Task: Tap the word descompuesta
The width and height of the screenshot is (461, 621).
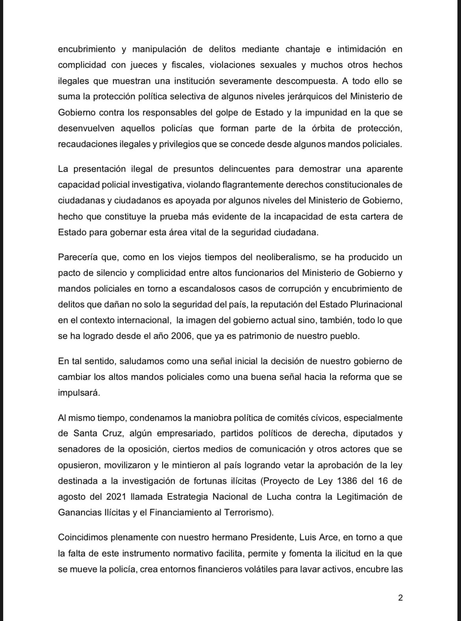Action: (298, 81)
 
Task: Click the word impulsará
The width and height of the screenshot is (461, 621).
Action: (79, 393)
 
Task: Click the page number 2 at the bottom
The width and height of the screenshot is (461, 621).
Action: (400, 598)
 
